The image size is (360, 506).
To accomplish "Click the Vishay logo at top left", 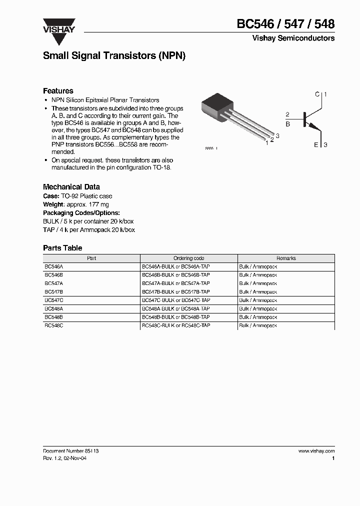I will pyautogui.click(x=58, y=26).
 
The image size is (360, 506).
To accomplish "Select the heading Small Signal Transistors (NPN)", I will pyautogui.click(x=114, y=56).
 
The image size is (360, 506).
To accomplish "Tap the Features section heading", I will pyautogui.click(x=58, y=91).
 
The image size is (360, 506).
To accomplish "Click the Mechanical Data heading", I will pyautogui.click(x=71, y=187).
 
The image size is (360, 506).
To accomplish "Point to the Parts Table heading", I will pyautogui.click(x=62, y=248).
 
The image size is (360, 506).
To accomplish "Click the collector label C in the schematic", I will pyautogui.click(x=317, y=94).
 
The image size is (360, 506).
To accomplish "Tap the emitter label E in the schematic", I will pyautogui.click(x=316, y=145).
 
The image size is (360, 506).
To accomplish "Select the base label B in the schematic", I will pyautogui.click(x=287, y=124).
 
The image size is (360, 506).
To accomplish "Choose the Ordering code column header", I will pyautogui.click(x=188, y=258).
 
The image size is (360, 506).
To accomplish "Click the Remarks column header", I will pyautogui.click(x=286, y=258).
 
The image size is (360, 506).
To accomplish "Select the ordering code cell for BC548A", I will pyautogui.click(x=176, y=308).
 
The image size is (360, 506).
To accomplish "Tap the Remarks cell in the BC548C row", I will pyautogui.click(x=257, y=325).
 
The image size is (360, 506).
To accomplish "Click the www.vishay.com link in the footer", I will pyautogui.click(x=316, y=451).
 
